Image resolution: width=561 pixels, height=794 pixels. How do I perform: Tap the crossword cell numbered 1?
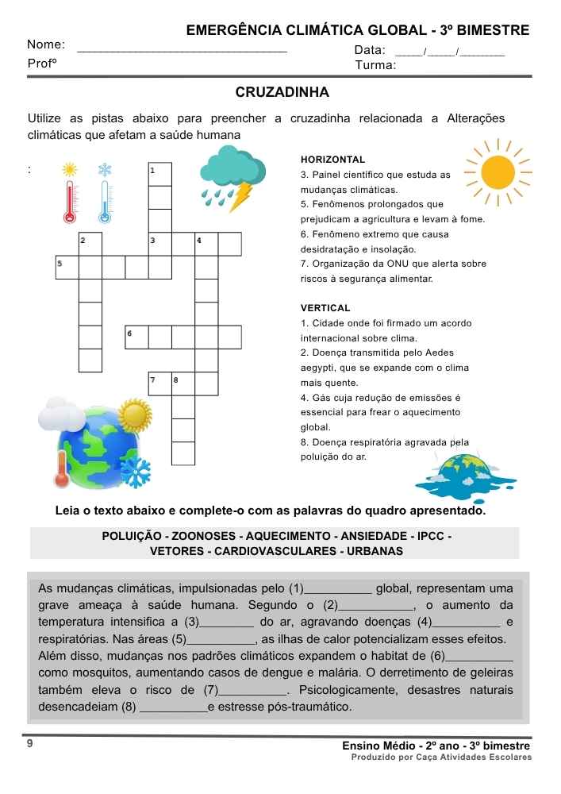160,174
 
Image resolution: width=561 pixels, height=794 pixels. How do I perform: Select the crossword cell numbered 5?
67,267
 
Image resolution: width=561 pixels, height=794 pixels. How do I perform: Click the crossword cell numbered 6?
136,337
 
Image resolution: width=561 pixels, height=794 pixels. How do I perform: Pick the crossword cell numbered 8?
183,384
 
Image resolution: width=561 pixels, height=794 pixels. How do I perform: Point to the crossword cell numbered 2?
90,244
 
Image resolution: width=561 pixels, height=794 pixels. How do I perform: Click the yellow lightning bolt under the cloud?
240,196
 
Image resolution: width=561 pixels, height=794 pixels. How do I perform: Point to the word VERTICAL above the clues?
325,308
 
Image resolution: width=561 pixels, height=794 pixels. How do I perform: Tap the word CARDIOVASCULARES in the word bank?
275,551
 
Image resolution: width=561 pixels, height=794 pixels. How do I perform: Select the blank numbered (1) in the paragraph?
336,588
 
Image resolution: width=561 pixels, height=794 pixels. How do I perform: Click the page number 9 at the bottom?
30,745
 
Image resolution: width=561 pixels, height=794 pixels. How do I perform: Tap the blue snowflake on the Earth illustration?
136,472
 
